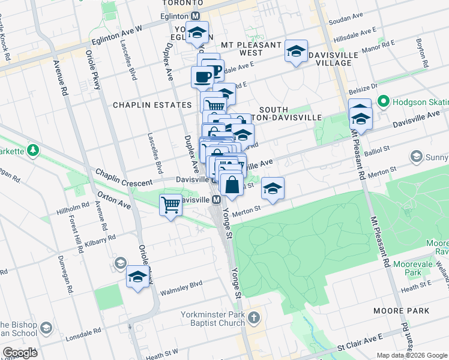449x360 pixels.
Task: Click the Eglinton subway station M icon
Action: [196, 17]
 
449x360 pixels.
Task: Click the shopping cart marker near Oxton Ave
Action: [170, 205]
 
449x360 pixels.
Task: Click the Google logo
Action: [20, 353]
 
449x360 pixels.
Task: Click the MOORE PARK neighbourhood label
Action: [401, 311]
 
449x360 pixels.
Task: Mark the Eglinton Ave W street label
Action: [117, 35]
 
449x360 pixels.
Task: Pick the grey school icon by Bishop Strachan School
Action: [46, 328]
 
